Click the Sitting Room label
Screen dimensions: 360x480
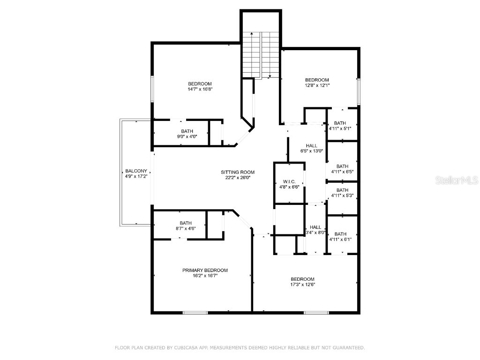pos(238,172)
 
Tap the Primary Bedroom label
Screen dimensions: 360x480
pos(205,270)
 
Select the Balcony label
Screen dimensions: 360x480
pos(136,171)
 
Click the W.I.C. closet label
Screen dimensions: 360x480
pos(289,181)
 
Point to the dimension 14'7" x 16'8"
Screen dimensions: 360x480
pos(200,89)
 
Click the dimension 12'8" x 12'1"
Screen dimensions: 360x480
pos(317,85)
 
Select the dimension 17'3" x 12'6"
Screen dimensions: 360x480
pos(302,284)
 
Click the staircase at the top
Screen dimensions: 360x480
pos(260,54)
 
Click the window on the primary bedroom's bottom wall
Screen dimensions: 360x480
pos(195,312)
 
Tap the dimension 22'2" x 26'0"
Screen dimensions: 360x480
pos(238,178)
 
